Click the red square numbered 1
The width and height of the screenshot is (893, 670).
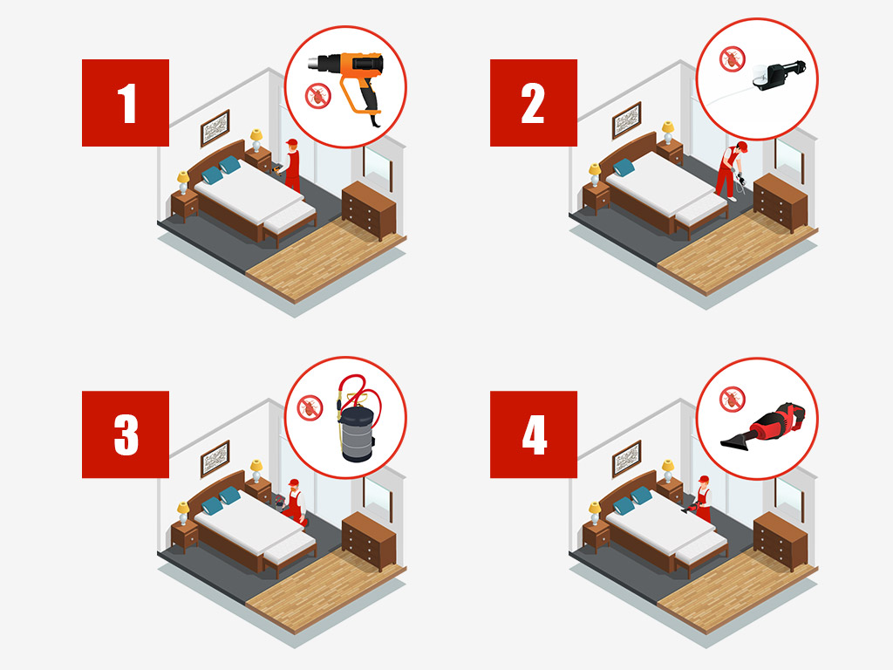(126, 103)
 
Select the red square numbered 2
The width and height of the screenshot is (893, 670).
(534, 103)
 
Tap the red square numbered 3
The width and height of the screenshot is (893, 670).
(126, 434)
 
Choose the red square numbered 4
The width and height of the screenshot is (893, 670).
(534, 434)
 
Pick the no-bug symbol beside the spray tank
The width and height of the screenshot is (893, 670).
(309, 406)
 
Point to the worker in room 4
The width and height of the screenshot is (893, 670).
(702, 499)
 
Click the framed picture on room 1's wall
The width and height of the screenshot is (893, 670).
(215, 128)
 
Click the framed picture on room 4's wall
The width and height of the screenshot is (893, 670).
(626, 459)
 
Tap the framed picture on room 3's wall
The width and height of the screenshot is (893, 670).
(215, 459)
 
